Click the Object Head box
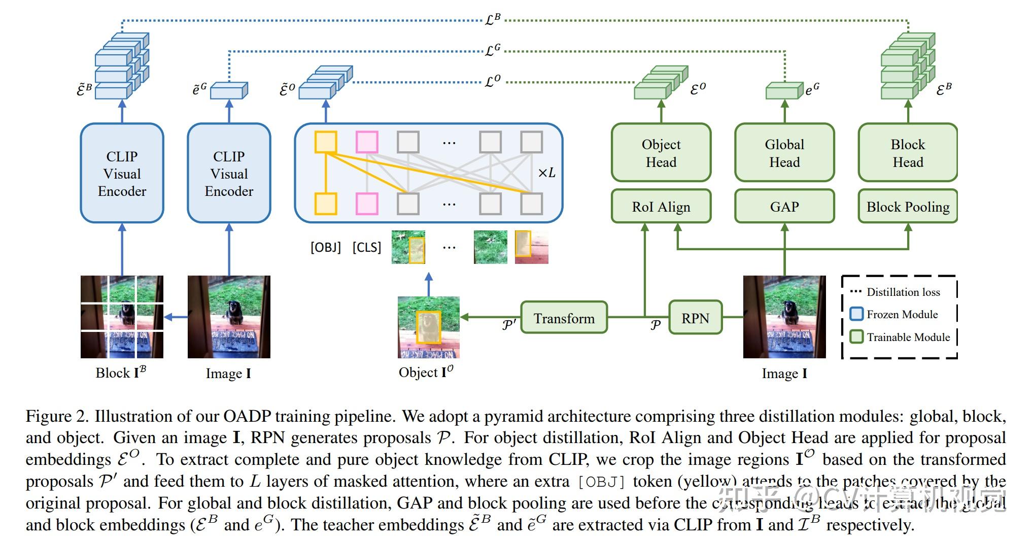(x=661, y=153)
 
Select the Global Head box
(x=784, y=153)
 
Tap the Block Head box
(x=908, y=153)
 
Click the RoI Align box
(x=661, y=207)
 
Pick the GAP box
(x=784, y=207)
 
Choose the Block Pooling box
(x=908, y=207)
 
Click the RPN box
(x=695, y=318)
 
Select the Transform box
(x=564, y=318)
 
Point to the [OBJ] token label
(x=325, y=247)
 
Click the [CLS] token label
(x=366, y=247)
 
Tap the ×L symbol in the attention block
(x=546, y=173)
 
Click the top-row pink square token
(x=367, y=142)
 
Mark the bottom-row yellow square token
(x=326, y=204)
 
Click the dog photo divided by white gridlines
(x=122, y=317)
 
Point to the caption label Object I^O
(x=426, y=373)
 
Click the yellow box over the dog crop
(x=428, y=327)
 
